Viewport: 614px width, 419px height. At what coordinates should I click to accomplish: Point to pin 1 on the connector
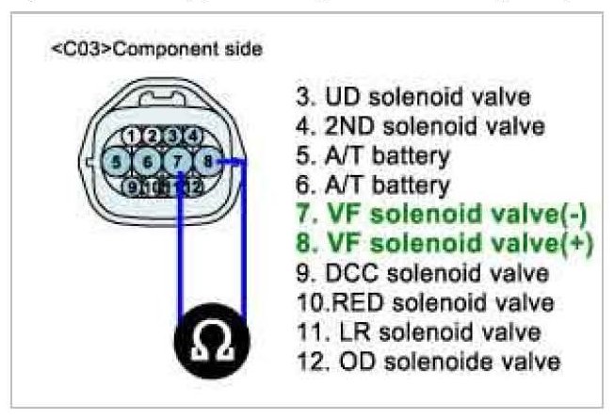tap(138, 135)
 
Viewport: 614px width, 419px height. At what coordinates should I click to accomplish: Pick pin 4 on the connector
tap(193, 135)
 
